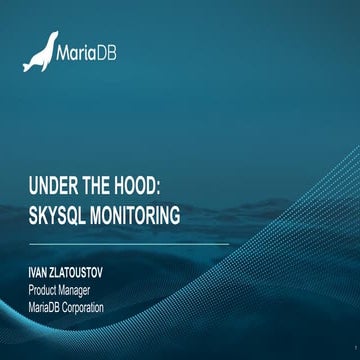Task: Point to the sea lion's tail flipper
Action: pyautogui.click(x=28, y=66)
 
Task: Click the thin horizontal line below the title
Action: pyautogui.click(x=130, y=243)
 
